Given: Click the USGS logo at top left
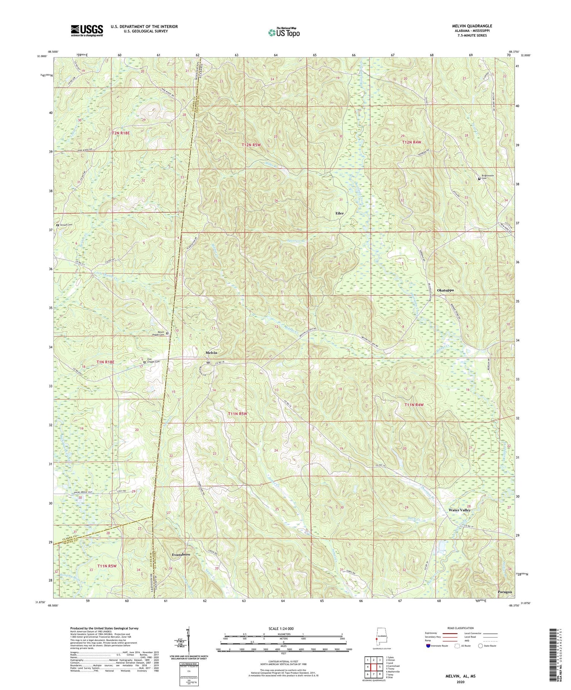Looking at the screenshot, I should (87, 30).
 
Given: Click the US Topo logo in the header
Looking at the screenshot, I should (284, 32).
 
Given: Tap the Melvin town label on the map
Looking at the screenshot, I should (212, 353).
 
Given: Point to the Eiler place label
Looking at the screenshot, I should (339, 213).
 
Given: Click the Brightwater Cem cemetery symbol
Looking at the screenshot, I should (479, 179).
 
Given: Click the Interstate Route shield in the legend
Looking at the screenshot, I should (428, 645).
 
